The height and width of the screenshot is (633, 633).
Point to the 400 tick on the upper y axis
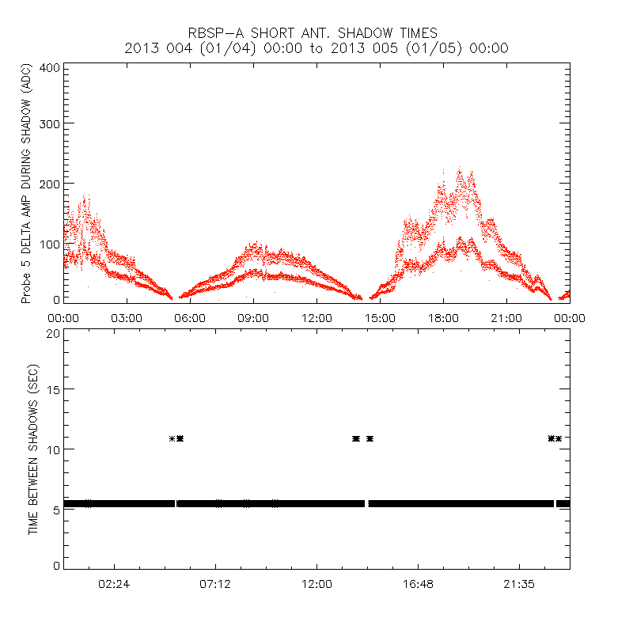(x=51, y=68)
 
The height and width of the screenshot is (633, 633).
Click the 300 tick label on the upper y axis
(x=51, y=123)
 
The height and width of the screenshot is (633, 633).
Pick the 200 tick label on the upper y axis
(x=51, y=183)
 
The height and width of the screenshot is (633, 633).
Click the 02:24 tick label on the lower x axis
(x=115, y=583)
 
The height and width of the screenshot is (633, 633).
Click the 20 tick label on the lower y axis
(x=53, y=333)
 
